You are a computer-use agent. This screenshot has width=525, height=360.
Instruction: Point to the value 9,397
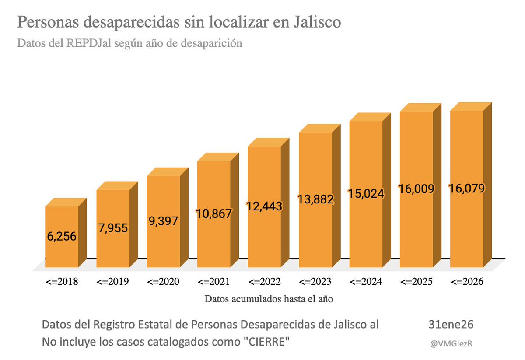(163, 221)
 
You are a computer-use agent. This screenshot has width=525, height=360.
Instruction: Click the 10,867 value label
(213, 213)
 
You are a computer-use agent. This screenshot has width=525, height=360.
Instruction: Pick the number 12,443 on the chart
(264, 206)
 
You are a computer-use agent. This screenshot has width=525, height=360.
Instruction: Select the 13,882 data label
(315, 199)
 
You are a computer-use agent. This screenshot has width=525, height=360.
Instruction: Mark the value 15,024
(366, 193)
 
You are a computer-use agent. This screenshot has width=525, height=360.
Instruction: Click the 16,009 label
(416, 189)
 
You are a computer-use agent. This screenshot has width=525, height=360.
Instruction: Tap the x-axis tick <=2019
(112, 281)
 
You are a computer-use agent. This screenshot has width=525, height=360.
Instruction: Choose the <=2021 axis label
(213, 281)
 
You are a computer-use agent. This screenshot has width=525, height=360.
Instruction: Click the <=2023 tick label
(315, 281)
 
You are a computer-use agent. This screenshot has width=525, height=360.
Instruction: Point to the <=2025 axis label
(416, 281)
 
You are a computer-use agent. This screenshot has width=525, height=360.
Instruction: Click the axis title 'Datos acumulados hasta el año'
(269, 299)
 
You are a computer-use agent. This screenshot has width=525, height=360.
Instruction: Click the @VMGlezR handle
(453, 344)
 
